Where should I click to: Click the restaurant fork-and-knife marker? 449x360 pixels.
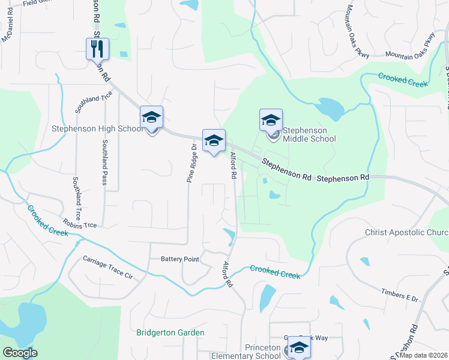98,49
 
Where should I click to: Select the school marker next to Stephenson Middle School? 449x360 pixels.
271,120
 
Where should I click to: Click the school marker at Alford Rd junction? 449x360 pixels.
214,141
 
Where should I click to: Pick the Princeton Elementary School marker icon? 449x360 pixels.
299,347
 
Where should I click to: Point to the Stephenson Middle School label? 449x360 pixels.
309,134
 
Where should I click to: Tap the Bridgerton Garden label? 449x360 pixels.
170,332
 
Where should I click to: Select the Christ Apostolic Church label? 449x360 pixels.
406,232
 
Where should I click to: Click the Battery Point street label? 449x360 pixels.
179,259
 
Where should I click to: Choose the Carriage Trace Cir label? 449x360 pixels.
108,268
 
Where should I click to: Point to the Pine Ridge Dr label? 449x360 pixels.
192,163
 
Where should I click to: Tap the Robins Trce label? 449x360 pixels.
81,225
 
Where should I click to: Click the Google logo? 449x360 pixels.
20,353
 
